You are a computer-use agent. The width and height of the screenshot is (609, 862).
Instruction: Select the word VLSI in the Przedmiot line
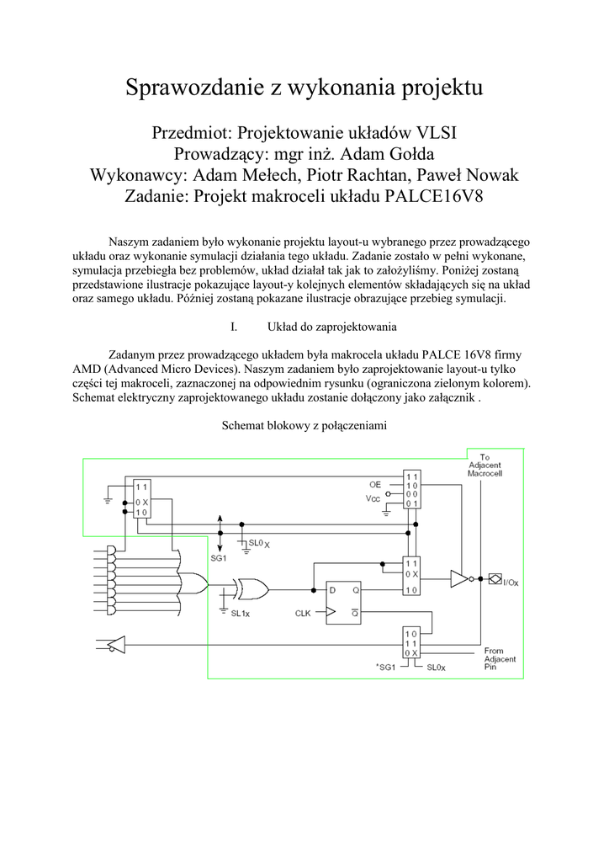[431, 134]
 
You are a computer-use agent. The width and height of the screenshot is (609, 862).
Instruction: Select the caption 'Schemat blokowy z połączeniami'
[304, 427]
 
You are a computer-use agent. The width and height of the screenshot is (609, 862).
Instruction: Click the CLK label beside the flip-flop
[304, 613]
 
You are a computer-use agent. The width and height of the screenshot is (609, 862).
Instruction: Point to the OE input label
[374, 486]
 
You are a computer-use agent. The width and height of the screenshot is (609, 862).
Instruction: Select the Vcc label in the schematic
[373, 498]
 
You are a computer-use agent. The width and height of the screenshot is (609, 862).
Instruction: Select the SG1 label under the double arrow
[219, 557]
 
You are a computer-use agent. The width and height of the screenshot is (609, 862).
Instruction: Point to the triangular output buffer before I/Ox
[459, 578]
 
